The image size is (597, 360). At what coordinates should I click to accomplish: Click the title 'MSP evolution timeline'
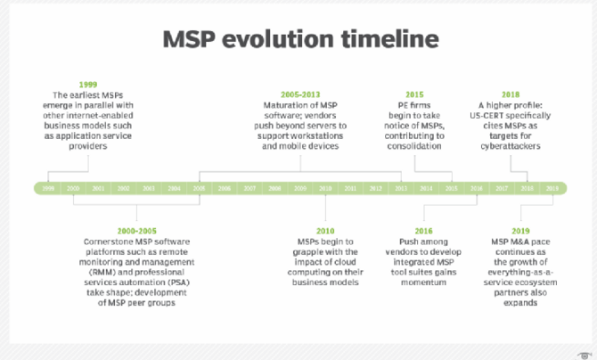(299, 39)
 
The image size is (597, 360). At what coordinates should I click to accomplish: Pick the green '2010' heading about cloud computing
(326, 231)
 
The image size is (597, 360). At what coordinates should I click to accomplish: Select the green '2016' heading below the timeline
(426, 231)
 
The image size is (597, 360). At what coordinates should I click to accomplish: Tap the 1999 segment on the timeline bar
(47, 189)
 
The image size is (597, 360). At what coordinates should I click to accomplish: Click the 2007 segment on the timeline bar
(249, 189)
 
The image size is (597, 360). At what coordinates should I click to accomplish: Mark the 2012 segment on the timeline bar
(376, 189)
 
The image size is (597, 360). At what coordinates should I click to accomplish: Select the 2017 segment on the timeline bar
(502, 189)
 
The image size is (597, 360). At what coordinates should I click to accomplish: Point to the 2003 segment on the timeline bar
(149, 189)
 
